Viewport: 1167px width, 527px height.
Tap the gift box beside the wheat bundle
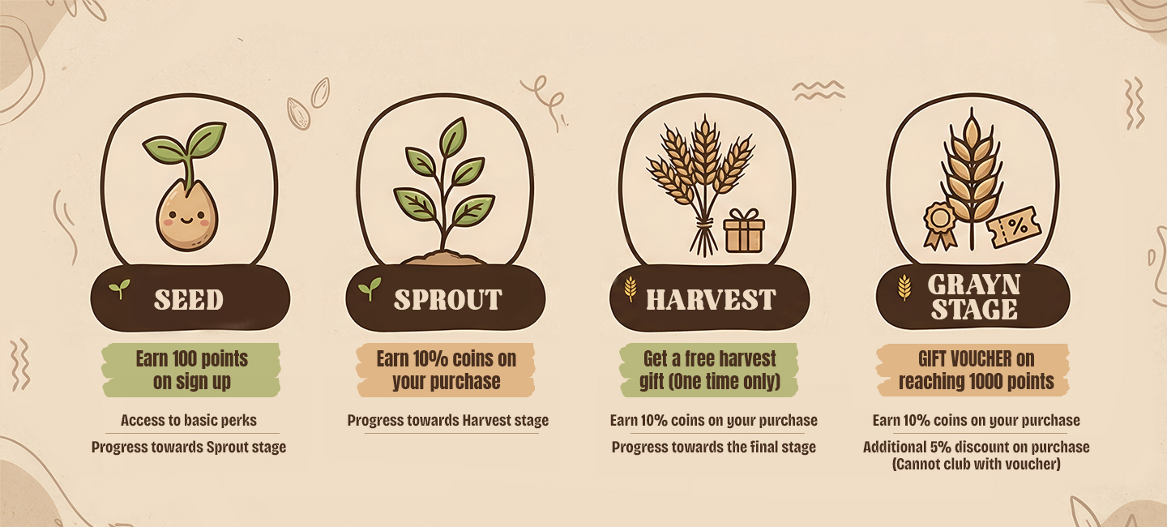pyautogui.click(x=744, y=231)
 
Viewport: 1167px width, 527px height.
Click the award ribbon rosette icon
pyautogui.click(x=940, y=225)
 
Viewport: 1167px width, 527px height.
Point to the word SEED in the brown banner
pyautogui.click(x=189, y=300)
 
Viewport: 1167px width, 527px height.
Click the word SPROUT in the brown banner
pyautogui.click(x=447, y=300)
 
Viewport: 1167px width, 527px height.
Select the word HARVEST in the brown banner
pyautogui.click(x=711, y=300)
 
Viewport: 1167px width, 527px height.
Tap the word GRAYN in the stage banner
pyautogui.click(x=974, y=285)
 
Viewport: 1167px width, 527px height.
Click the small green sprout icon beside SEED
pyautogui.click(x=120, y=289)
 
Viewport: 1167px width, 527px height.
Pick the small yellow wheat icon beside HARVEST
pyautogui.click(x=631, y=289)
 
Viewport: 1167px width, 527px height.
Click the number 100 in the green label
pyautogui.click(x=183, y=358)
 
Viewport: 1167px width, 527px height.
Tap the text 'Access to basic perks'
pyautogui.click(x=189, y=420)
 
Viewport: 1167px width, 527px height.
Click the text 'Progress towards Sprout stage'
pyautogui.click(x=189, y=447)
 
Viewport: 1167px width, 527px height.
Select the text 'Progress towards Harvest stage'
pyautogui.click(x=448, y=420)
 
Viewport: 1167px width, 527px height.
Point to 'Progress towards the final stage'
pyautogui.click(x=714, y=447)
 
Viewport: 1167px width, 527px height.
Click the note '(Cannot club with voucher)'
pyautogui.click(x=977, y=464)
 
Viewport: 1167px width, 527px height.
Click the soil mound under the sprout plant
pyautogui.click(x=444, y=258)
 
